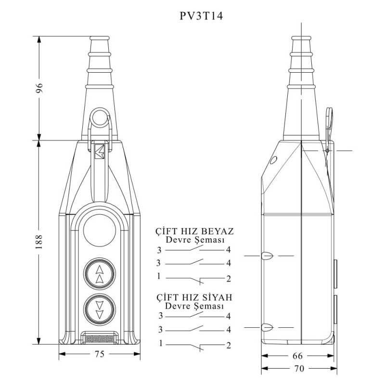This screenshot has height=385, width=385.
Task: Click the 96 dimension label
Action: click(x=40, y=88)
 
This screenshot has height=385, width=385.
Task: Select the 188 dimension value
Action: click(x=40, y=242)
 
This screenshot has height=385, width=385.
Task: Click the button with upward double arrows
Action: click(x=100, y=274)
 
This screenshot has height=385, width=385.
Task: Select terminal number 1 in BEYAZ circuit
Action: click(x=159, y=276)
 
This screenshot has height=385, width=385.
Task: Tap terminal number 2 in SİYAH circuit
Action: click(x=229, y=345)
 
